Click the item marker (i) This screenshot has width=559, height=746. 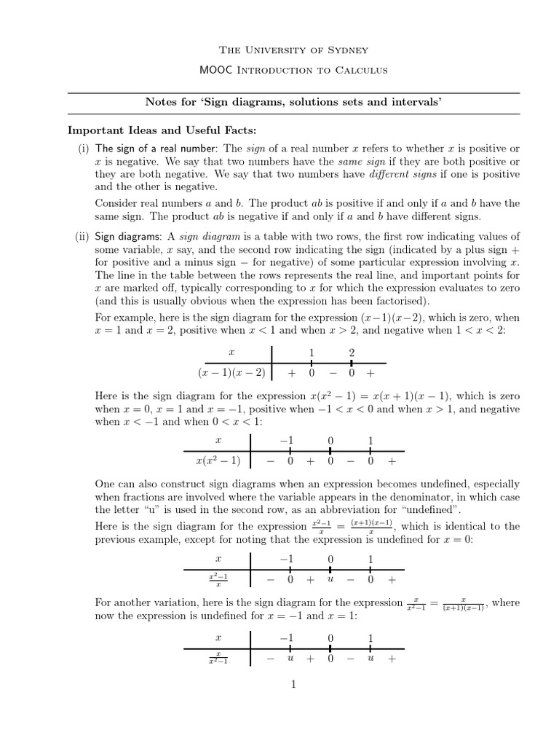coord(83,149)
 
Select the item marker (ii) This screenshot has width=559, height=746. coord(82,236)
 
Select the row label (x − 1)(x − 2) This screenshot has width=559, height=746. coord(231,373)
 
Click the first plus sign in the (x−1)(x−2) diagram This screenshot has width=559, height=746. coord(291,373)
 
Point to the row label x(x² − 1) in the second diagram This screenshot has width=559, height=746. coord(218,461)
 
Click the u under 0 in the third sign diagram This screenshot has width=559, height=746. coord(330,580)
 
